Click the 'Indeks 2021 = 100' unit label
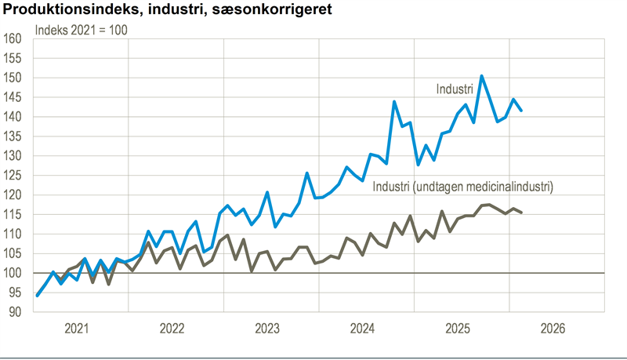(x=82, y=31)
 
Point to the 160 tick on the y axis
(x=14, y=39)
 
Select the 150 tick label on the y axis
(x=14, y=78)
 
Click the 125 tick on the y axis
(x=14, y=175)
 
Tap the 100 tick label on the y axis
(x=14, y=273)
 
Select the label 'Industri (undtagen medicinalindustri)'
(x=462, y=187)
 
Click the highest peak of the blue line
(x=481, y=76)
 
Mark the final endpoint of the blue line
(x=521, y=111)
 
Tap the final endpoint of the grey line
(x=521, y=213)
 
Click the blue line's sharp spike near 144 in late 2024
(x=394, y=101)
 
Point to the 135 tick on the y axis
(x=14, y=136)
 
